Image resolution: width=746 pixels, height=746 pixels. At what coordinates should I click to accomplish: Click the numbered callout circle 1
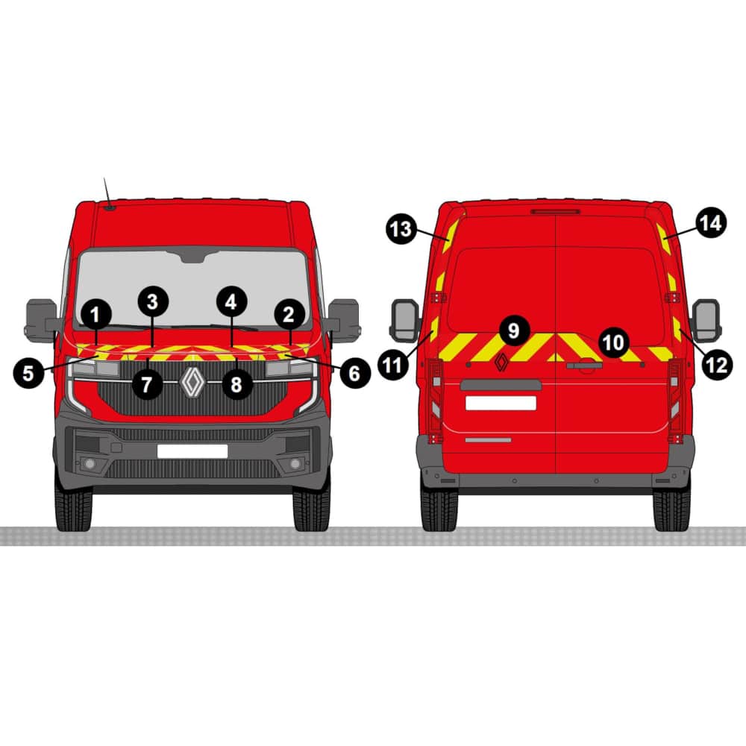pyautogui.click(x=96, y=315)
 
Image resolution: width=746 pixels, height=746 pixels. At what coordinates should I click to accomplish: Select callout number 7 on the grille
pyautogui.click(x=146, y=384)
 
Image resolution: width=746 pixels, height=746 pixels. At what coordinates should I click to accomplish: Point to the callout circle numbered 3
pyautogui.click(x=153, y=301)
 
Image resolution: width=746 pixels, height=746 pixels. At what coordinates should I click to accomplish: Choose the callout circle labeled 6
pyautogui.click(x=354, y=373)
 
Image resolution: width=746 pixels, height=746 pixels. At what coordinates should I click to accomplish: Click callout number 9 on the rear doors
pyautogui.click(x=514, y=330)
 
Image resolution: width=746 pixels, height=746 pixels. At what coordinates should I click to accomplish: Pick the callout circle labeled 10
pyautogui.click(x=612, y=342)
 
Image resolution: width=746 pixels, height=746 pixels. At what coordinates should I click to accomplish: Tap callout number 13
pyautogui.click(x=401, y=229)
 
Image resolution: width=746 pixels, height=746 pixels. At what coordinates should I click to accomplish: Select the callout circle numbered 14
pyautogui.click(x=711, y=223)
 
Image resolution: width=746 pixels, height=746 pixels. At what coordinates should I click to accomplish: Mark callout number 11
pyautogui.click(x=393, y=365)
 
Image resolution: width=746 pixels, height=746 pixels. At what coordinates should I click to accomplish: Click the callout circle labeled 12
pyautogui.click(x=717, y=365)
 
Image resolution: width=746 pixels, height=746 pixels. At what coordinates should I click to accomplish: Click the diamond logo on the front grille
pyautogui.click(x=192, y=382)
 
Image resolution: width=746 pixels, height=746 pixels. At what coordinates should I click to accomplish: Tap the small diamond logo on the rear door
pyautogui.click(x=501, y=363)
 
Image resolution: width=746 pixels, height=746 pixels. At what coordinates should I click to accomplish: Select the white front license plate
pyautogui.click(x=192, y=451)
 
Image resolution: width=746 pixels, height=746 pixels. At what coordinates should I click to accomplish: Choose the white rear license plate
pyautogui.click(x=501, y=403)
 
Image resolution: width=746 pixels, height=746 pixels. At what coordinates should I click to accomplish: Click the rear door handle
pyautogui.click(x=584, y=366)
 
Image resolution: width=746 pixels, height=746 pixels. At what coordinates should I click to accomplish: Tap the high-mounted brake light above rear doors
pyautogui.click(x=556, y=211)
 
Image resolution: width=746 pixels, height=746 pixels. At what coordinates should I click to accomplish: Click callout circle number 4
pyautogui.click(x=231, y=301)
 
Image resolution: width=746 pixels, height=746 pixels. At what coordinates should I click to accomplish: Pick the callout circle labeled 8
pyautogui.click(x=236, y=384)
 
